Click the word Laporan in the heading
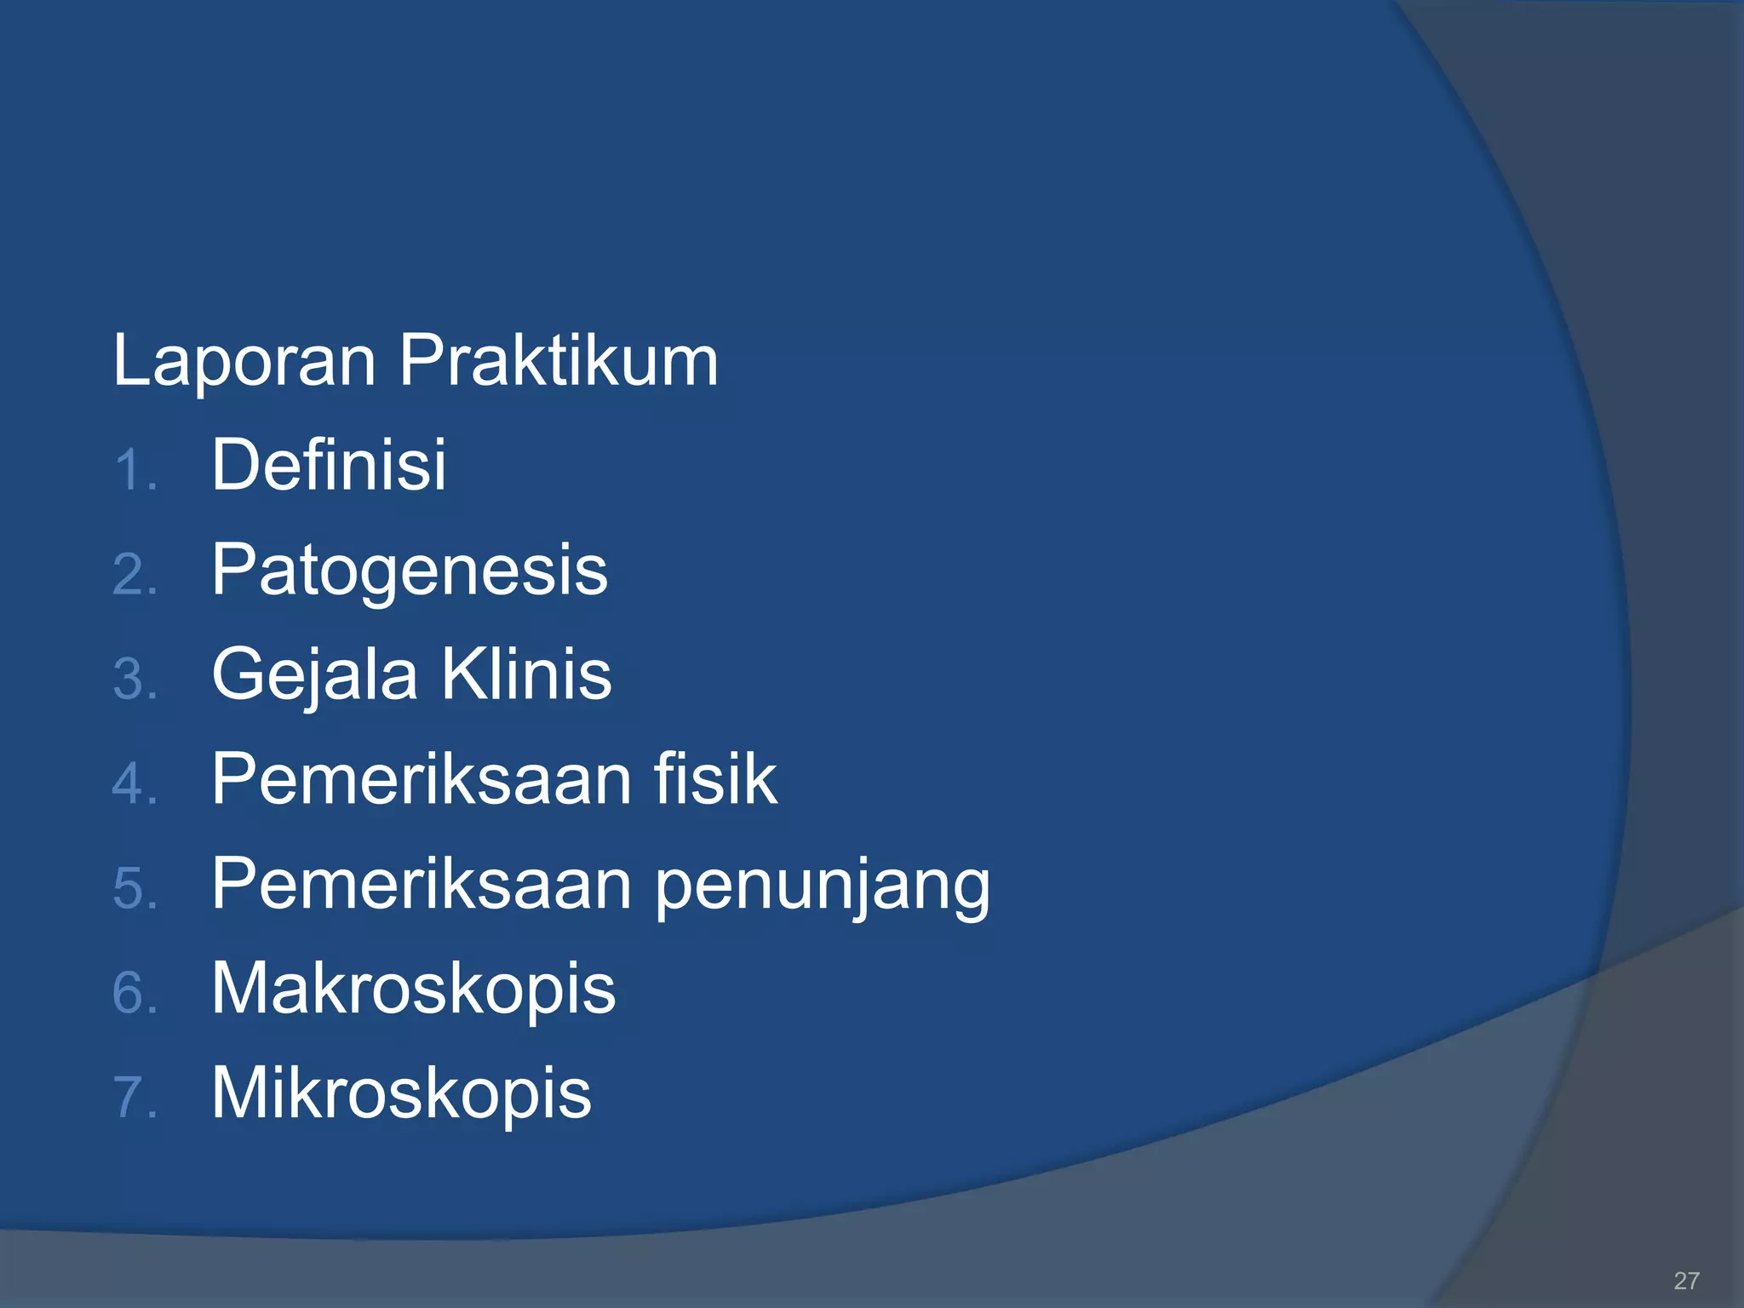tap(244, 361)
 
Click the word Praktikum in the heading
tap(559, 361)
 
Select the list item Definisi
tap(329, 465)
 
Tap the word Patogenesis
tap(410, 571)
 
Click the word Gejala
tap(315, 675)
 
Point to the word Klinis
tap(526, 674)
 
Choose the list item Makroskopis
tap(413, 988)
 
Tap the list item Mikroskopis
tap(401, 1093)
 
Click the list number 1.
tap(135, 471)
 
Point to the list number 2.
tap(135, 576)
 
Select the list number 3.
tap(135, 680)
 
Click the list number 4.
tap(135, 784)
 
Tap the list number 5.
tap(135, 889)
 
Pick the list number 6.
tap(135, 994)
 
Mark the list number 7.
tap(135, 1098)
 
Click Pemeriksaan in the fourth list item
tap(422, 778)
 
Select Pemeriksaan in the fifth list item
tap(422, 884)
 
